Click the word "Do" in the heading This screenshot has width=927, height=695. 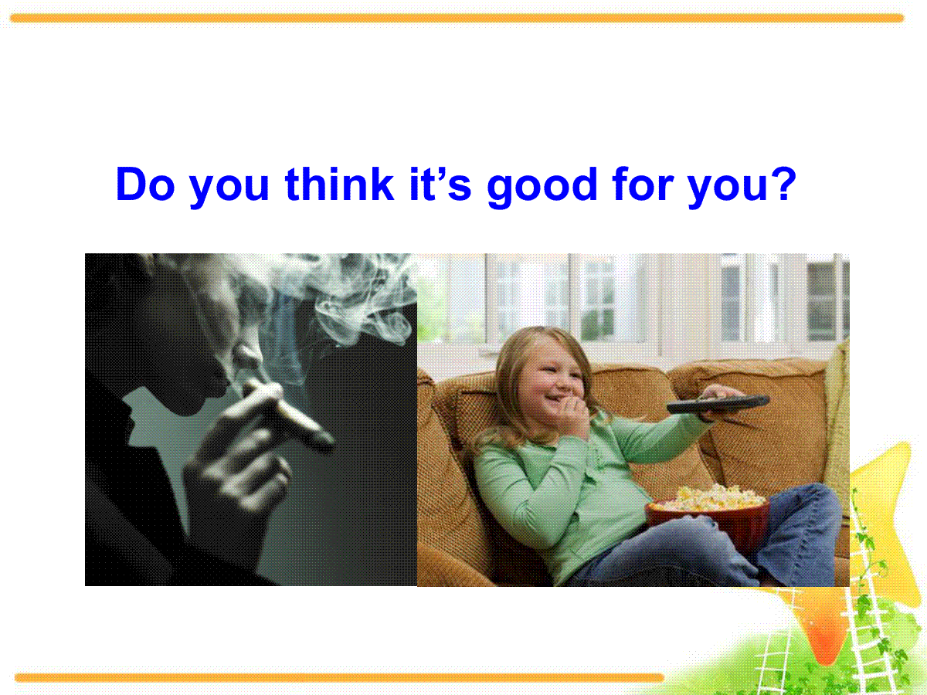(145, 184)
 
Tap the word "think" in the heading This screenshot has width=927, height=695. (340, 184)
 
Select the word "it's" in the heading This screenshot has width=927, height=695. (440, 184)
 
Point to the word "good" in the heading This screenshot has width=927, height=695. (542, 188)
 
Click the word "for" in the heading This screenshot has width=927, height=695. (643, 184)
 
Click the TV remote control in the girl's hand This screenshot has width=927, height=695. (718, 404)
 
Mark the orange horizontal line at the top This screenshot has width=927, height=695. (457, 18)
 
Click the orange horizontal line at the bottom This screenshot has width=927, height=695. (339, 678)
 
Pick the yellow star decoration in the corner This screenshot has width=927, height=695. (878, 524)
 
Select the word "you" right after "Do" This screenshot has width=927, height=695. (229, 188)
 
